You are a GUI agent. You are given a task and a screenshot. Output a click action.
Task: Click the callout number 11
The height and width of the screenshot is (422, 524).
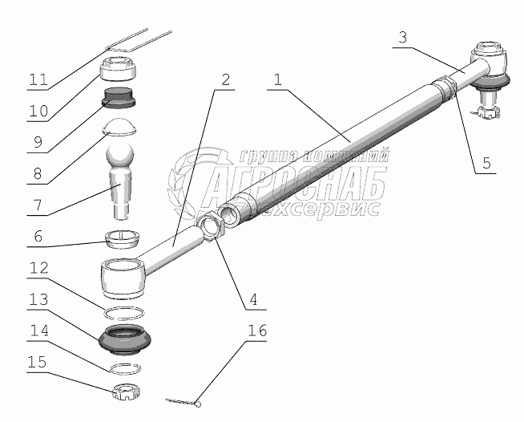pyautogui.click(x=38, y=80)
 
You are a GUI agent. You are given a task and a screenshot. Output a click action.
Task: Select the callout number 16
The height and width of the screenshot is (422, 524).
pyautogui.click(x=257, y=331)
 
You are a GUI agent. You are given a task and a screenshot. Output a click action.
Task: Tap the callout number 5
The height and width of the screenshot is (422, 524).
pyautogui.click(x=486, y=164)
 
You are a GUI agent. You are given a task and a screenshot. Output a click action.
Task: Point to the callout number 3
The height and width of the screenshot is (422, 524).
pyautogui.click(x=403, y=38)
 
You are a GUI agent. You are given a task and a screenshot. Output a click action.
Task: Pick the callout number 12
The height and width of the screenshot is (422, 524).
pyautogui.click(x=38, y=268)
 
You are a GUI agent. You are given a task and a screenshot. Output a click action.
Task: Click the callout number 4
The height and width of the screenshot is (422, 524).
pyautogui.click(x=254, y=299)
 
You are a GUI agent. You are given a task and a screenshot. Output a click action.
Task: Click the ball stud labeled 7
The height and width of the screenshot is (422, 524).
pyautogui.click(x=119, y=181)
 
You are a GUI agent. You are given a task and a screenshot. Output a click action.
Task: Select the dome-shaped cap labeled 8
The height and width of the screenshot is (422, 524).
pyautogui.click(x=119, y=127)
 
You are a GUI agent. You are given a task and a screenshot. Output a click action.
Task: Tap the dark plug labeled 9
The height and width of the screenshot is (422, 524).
pyautogui.click(x=119, y=98)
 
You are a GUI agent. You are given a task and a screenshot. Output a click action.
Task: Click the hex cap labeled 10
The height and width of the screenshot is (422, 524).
pyautogui.click(x=118, y=69)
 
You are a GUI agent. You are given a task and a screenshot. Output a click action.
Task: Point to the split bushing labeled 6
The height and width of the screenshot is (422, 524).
pyautogui.click(x=123, y=239)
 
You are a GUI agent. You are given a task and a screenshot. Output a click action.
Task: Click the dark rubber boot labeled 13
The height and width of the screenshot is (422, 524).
pyautogui.click(x=125, y=340)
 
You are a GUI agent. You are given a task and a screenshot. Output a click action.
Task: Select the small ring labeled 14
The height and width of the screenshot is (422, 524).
pyautogui.click(x=125, y=368)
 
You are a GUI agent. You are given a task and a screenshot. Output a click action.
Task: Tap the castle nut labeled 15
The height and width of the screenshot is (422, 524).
pyautogui.click(x=126, y=392)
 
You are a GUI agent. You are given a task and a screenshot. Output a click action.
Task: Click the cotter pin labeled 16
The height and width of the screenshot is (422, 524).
pyautogui.click(x=183, y=402)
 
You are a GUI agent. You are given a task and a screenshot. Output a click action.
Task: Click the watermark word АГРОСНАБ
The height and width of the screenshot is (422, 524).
pyautogui.click(x=294, y=184)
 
